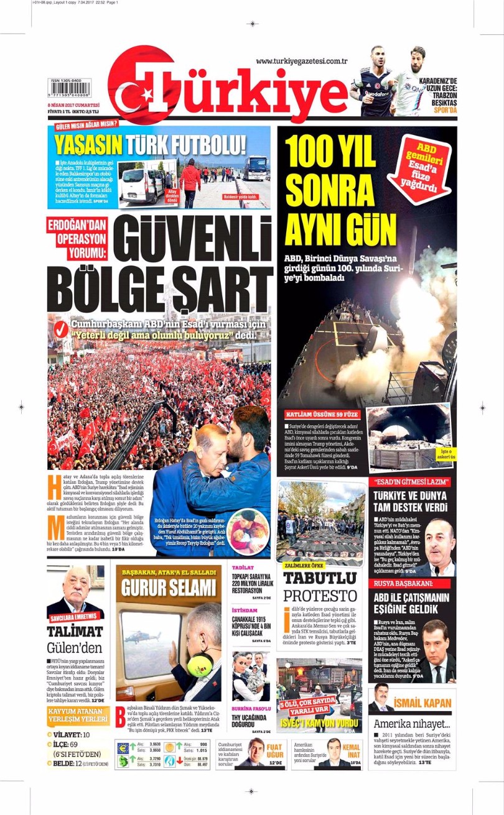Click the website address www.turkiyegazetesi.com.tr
tap(301, 61)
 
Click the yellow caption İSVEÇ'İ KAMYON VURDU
tap(319, 723)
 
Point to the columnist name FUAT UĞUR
tap(274, 750)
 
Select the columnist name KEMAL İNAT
tap(351, 750)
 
